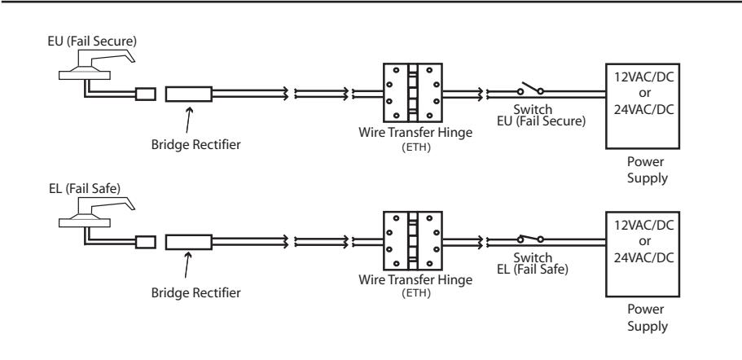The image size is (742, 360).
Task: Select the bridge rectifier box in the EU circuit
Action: tap(188, 94)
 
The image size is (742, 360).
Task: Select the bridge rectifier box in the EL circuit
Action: tap(188, 242)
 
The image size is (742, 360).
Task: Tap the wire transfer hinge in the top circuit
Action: tap(413, 93)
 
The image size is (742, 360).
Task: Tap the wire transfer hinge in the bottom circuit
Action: tap(413, 241)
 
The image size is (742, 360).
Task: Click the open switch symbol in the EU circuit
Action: tap(530, 89)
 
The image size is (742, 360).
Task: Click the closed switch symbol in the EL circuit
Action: tap(530, 239)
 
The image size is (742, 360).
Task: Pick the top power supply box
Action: tap(643, 106)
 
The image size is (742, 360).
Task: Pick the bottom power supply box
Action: tap(643, 254)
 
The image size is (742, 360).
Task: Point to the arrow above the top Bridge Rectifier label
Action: tap(188, 121)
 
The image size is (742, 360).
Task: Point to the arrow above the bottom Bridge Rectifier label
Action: tap(188, 265)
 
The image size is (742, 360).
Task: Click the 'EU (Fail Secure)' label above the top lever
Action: tap(92, 42)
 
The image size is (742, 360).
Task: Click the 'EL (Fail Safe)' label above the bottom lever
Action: tap(85, 189)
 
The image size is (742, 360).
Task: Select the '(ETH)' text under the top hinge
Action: tap(416, 147)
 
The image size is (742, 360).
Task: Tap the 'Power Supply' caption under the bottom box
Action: tap(648, 318)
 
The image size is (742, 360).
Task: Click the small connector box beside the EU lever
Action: tap(146, 94)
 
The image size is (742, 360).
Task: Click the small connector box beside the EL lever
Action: tap(146, 242)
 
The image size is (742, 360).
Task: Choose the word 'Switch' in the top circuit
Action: tap(533, 110)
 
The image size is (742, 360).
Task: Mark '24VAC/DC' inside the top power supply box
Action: tap(643, 110)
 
